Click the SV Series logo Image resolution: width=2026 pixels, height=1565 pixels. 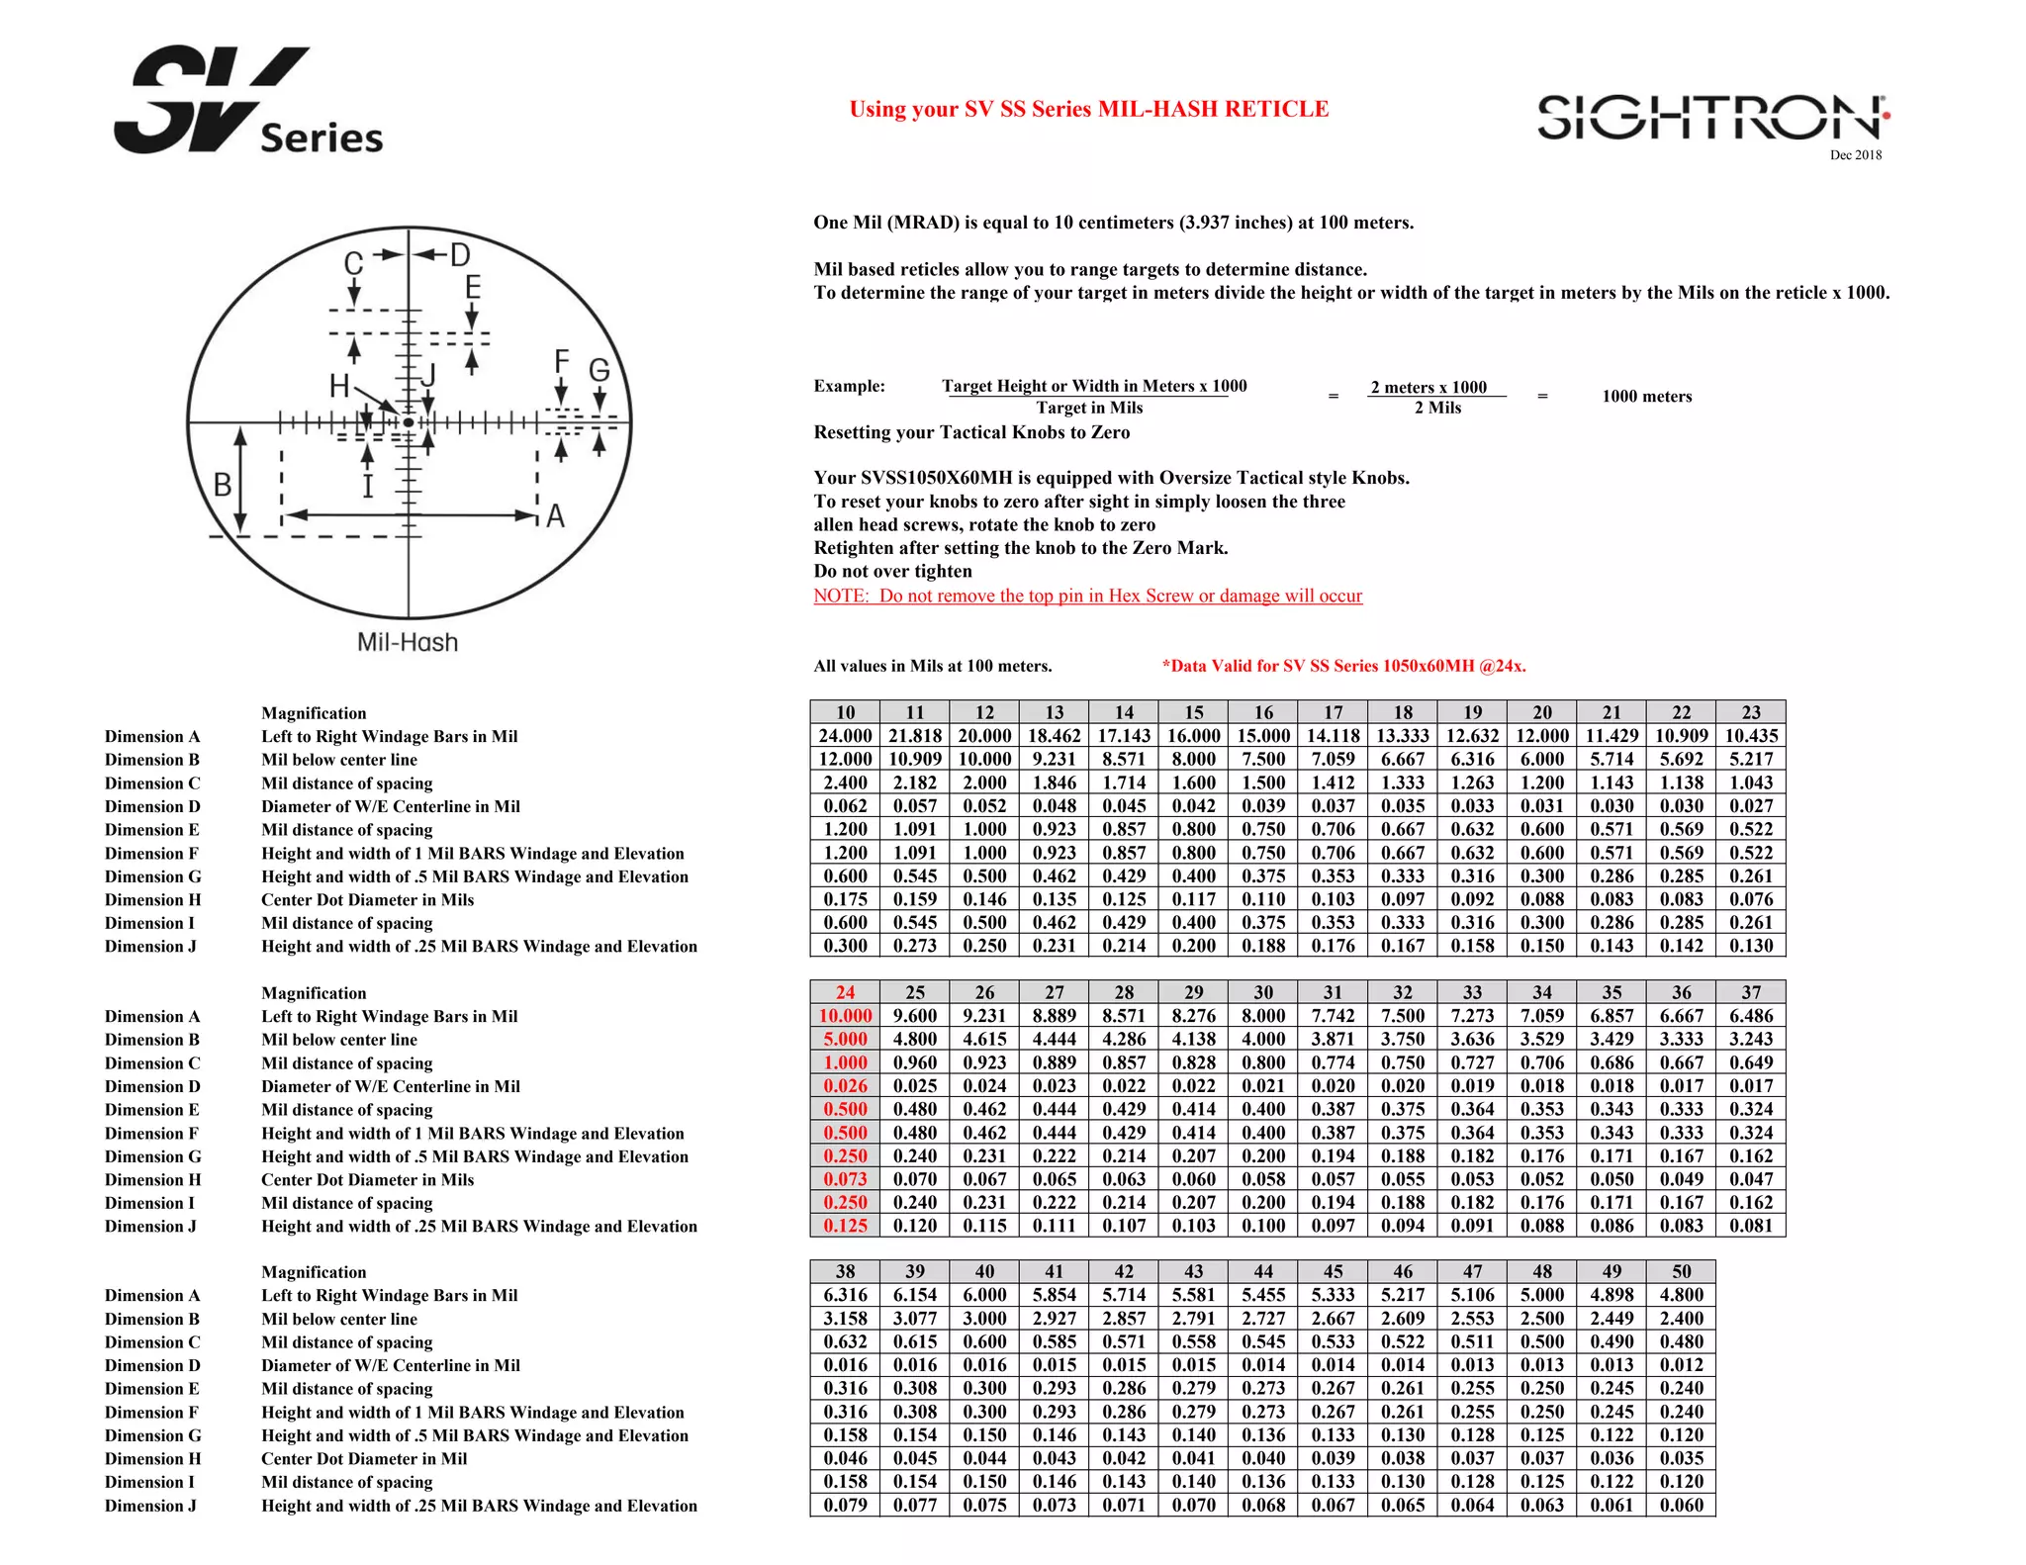click(247, 102)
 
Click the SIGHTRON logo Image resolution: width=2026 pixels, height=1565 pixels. click(1712, 118)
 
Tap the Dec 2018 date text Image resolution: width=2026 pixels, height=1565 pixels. click(1855, 155)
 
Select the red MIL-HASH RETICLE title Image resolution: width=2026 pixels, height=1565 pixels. click(1088, 109)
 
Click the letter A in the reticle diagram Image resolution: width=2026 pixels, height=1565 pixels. click(555, 516)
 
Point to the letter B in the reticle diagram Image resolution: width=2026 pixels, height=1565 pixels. click(223, 485)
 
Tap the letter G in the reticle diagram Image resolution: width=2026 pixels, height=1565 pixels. click(599, 371)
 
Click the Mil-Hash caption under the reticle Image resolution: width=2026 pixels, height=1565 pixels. click(408, 643)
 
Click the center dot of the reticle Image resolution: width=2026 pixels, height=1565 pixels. click(409, 423)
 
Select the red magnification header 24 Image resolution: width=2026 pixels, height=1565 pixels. click(845, 992)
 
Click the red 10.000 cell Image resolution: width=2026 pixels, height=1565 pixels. click(845, 1016)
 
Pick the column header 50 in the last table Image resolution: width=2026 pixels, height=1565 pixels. click(1681, 1272)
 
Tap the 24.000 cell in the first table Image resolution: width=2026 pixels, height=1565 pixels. click(845, 736)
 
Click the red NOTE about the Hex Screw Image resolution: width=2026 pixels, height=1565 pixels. click(1087, 596)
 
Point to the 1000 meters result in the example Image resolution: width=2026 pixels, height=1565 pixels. click(1646, 397)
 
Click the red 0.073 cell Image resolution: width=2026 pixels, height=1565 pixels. click(845, 1179)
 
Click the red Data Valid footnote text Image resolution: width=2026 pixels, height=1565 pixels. click(1343, 666)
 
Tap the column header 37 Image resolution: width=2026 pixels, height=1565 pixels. click(1751, 992)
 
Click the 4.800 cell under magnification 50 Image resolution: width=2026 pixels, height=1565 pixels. click(1681, 1295)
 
